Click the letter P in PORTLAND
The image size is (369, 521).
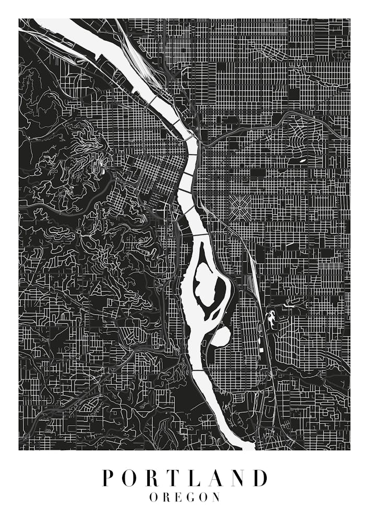coord(108,478)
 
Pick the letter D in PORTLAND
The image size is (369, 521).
coord(259,478)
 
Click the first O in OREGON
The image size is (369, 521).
coord(153,498)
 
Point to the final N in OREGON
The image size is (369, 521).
coord(217,498)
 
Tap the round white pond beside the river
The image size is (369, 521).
coord(221,336)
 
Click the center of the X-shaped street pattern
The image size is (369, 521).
coord(241,208)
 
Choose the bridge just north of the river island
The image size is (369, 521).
coord(201,235)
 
